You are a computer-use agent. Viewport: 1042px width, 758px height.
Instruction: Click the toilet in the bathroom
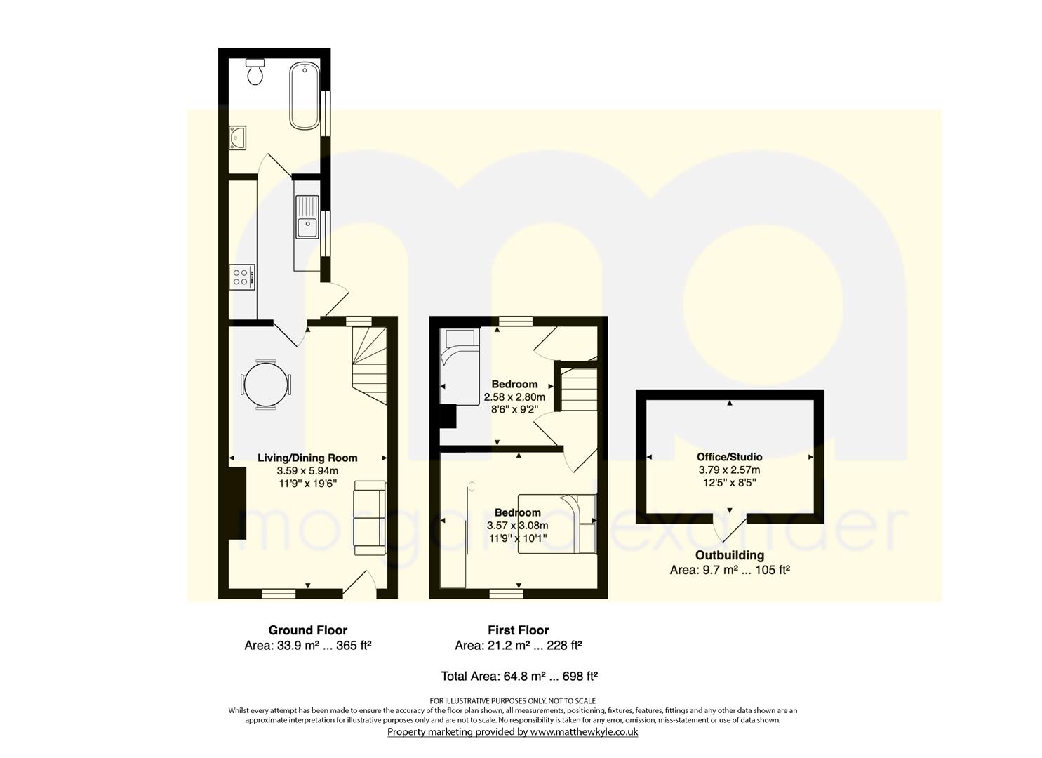(x=255, y=72)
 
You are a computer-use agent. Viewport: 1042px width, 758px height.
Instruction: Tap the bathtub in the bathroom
(x=305, y=96)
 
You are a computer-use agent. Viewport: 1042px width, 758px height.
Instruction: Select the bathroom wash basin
(x=237, y=138)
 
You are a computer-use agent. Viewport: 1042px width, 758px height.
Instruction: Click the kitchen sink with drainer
(x=307, y=217)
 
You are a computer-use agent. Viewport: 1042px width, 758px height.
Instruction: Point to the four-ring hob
(x=242, y=277)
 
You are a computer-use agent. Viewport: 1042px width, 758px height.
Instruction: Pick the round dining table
(x=266, y=385)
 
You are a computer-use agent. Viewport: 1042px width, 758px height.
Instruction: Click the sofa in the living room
(x=370, y=517)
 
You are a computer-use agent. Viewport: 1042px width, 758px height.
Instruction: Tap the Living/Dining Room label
(x=307, y=458)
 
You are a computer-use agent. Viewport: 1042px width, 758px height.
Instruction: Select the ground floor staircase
(x=369, y=366)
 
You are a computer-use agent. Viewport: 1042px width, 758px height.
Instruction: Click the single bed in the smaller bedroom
(x=460, y=366)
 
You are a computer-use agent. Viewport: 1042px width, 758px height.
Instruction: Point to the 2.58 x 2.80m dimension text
(x=514, y=397)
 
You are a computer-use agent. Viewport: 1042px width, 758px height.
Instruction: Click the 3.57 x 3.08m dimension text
(x=518, y=526)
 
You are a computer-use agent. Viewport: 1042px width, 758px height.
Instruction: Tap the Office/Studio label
(x=730, y=456)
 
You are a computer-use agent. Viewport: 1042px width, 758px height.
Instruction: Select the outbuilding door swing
(x=730, y=528)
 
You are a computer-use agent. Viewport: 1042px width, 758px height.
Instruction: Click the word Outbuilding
(x=730, y=555)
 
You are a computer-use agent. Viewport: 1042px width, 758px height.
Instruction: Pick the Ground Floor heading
(x=308, y=630)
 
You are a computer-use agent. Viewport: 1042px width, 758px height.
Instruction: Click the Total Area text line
(x=519, y=676)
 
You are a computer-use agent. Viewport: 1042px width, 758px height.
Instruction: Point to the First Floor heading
(x=519, y=630)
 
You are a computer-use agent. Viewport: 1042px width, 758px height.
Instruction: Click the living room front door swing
(x=359, y=584)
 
